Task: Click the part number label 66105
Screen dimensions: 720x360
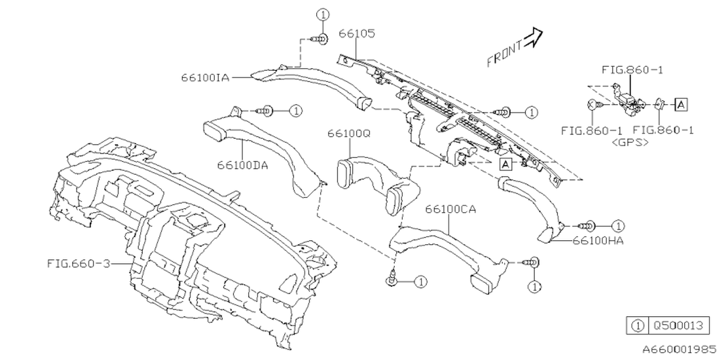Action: [x=357, y=33]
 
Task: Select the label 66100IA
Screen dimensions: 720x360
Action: [x=205, y=78]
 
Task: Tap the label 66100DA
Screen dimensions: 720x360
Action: [x=242, y=165]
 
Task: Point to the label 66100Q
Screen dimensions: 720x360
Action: [x=349, y=133]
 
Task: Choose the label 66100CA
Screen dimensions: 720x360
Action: [x=451, y=209]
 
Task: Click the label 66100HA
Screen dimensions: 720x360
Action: [x=598, y=241]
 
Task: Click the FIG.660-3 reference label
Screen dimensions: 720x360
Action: [x=78, y=264]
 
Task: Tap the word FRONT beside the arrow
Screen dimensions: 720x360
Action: [x=505, y=54]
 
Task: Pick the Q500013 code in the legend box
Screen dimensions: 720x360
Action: [x=679, y=326]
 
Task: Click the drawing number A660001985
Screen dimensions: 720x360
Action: [x=679, y=349]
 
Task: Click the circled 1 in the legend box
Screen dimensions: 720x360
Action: [x=638, y=326]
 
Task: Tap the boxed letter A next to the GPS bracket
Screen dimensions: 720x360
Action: [x=681, y=105]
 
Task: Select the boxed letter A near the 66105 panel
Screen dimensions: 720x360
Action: [x=506, y=164]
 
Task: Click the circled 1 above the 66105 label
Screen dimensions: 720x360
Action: [x=323, y=15]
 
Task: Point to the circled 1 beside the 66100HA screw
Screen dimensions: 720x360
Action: [x=618, y=226]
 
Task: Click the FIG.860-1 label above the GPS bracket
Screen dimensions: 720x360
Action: [x=632, y=70]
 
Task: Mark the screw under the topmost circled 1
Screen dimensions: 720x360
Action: [x=320, y=39]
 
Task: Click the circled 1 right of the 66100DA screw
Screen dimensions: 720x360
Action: [x=296, y=111]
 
